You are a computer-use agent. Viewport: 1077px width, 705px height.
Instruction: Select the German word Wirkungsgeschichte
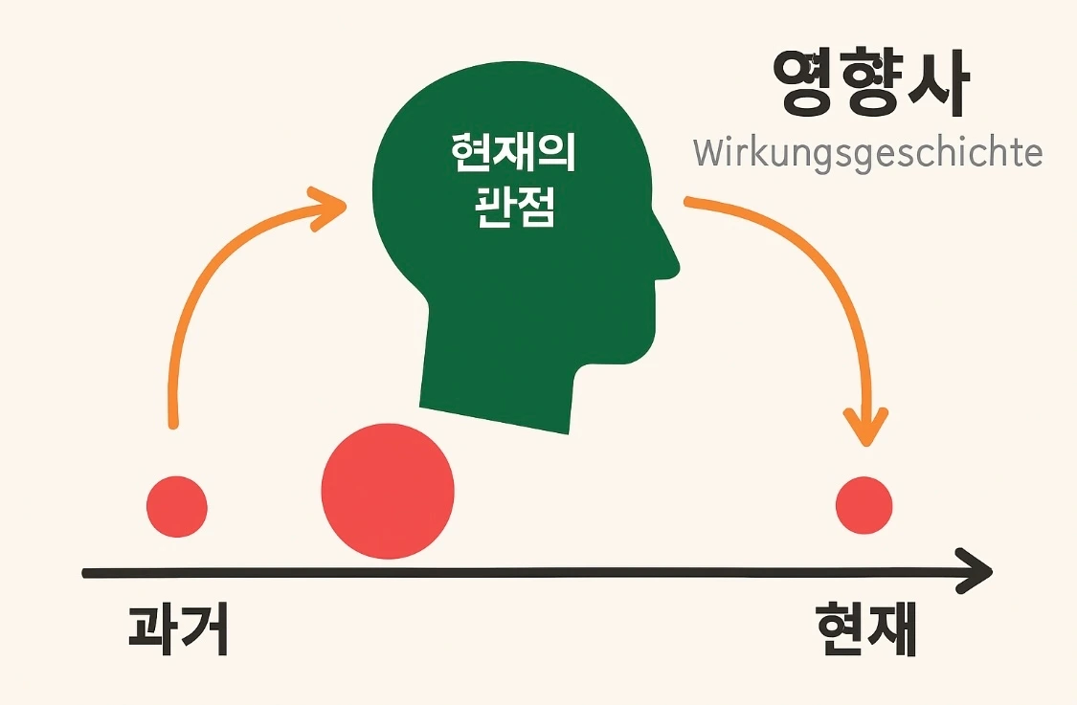tap(866, 153)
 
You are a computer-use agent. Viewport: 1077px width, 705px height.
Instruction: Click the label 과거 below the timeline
tap(178, 628)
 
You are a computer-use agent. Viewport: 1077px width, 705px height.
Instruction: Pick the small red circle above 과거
tap(177, 504)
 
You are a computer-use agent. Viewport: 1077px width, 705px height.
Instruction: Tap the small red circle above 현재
tap(864, 505)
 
